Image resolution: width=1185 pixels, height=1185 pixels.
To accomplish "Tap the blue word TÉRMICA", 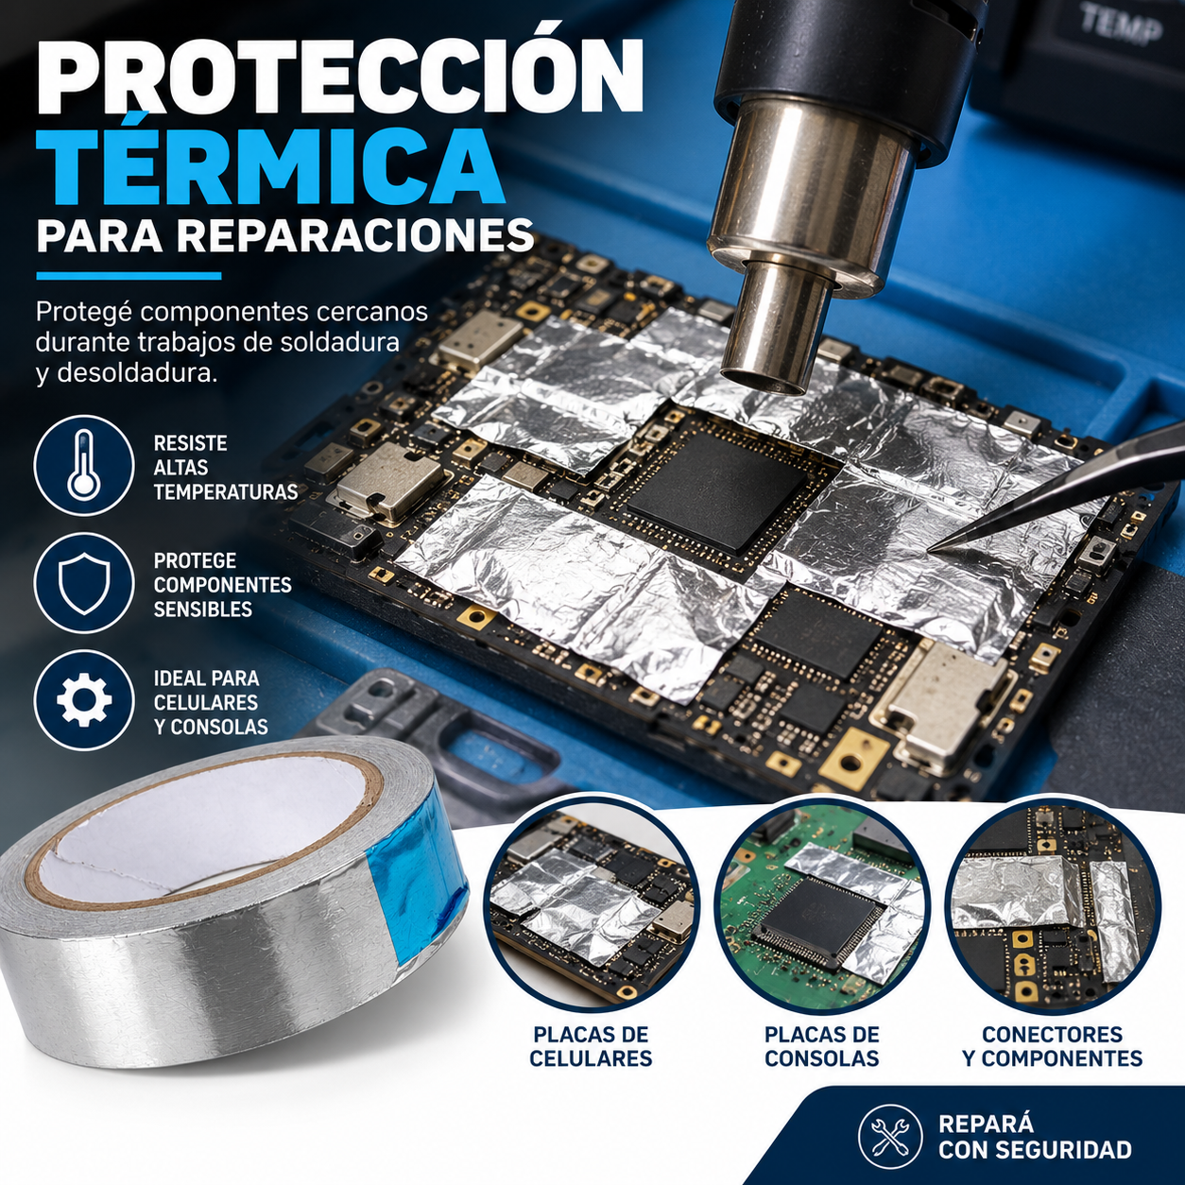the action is (x=270, y=167).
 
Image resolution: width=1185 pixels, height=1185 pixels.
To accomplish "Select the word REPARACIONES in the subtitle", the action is (x=359, y=235).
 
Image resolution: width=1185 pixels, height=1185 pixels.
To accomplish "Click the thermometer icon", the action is (x=83, y=465).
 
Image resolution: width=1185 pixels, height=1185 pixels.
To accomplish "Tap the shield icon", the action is (x=83, y=583).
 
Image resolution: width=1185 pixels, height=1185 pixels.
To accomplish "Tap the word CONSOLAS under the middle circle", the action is (x=821, y=1058).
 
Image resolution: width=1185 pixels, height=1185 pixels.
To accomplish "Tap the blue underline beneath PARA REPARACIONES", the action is (x=129, y=277).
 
